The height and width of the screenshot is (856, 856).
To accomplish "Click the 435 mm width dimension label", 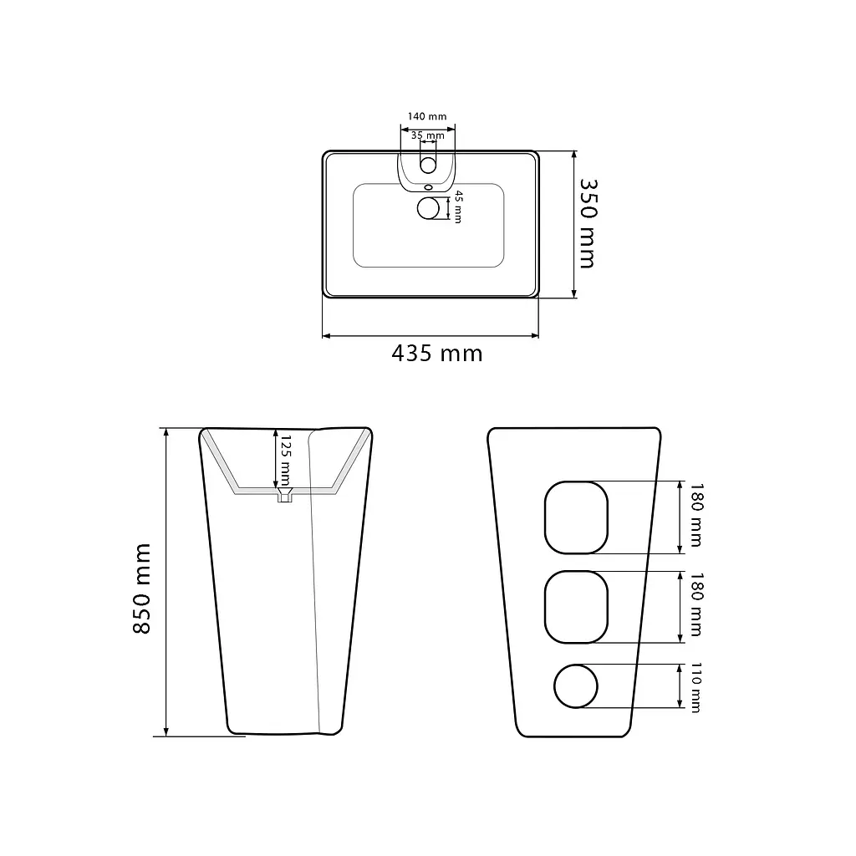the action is (x=436, y=354).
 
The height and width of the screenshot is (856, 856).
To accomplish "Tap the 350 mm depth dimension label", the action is (x=588, y=224).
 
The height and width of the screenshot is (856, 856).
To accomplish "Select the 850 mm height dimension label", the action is (x=141, y=588).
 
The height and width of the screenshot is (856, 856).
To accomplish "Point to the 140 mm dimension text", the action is (x=427, y=116).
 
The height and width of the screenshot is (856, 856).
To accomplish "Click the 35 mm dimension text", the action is (x=427, y=135).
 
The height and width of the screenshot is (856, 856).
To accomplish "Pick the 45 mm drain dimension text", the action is (x=459, y=207).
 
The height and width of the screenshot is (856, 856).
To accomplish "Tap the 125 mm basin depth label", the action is (x=286, y=461).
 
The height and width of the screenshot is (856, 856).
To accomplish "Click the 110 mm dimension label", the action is (x=696, y=687).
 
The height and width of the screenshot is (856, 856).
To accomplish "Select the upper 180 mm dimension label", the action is (x=696, y=515).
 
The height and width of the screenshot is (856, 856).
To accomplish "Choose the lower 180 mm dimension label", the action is (x=696, y=604).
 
